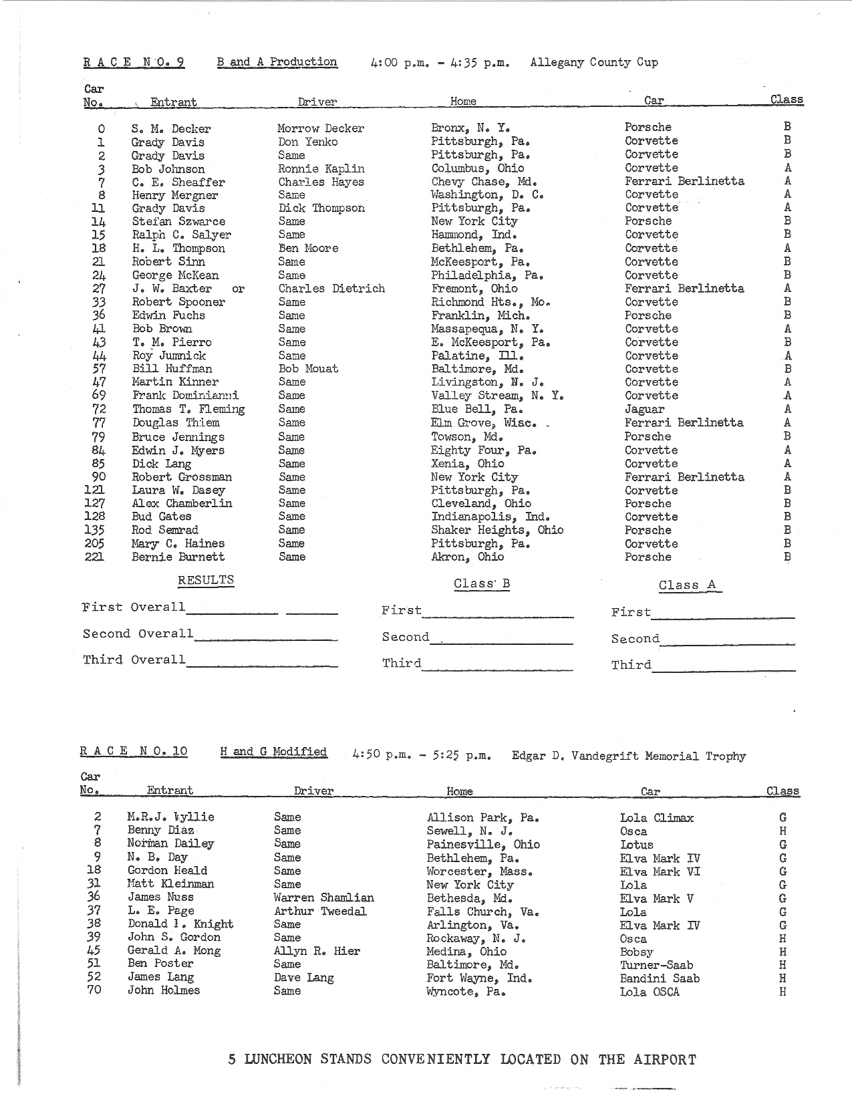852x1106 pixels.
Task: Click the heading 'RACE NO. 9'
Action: (x=134, y=63)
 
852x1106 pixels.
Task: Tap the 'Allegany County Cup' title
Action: (x=593, y=62)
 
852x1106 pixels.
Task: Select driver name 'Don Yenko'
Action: (x=307, y=142)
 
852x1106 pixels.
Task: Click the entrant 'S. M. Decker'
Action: (x=170, y=128)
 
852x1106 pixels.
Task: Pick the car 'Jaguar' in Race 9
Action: (x=644, y=409)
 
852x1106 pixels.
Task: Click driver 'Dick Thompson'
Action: (x=321, y=208)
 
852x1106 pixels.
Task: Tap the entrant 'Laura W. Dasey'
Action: (x=178, y=490)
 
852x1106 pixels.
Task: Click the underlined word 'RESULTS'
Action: (x=206, y=580)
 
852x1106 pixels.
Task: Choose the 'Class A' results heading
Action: (x=687, y=585)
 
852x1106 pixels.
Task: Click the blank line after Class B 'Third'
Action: (x=498, y=667)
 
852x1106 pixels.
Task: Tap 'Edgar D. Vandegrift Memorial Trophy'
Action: (x=628, y=756)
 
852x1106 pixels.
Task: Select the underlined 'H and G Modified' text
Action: (x=273, y=752)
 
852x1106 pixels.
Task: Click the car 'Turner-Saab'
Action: (x=656, y=965)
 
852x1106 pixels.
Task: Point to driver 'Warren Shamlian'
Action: (x=323, y=897)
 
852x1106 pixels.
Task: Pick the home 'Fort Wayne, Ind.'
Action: (x=479, y=978)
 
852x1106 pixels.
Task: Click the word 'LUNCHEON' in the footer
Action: (x=279, y=1059)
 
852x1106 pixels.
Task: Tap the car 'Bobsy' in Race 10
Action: (x=636, y=952)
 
